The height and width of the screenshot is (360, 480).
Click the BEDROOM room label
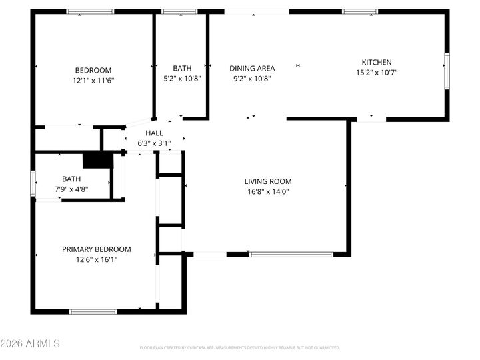coord(93,70)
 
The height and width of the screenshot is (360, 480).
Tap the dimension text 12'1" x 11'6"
coord(93,80)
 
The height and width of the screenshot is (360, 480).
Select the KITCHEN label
coord(377,62)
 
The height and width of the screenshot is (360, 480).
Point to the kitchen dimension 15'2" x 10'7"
coord(377,72)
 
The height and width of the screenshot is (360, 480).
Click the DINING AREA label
coord(252,68)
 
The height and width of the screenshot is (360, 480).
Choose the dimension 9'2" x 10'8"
coord(252,78)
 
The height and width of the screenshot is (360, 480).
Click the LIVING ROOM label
coord(267,181)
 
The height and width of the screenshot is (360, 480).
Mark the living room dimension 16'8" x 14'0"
coord(267,191)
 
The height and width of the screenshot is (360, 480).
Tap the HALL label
coord(154,133)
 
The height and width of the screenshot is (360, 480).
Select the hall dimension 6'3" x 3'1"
coord(154,143)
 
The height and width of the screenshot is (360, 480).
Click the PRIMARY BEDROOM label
coord(97,249)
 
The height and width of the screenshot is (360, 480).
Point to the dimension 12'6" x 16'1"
coord(97,259)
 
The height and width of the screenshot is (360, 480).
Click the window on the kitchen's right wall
coord(447,71)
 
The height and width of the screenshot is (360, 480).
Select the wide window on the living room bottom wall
coord(291,254)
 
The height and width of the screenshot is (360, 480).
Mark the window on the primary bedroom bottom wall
coord(93,311)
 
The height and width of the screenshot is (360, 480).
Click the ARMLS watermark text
coord(31,344)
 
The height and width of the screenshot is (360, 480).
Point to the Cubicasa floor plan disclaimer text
coord(240,347)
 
